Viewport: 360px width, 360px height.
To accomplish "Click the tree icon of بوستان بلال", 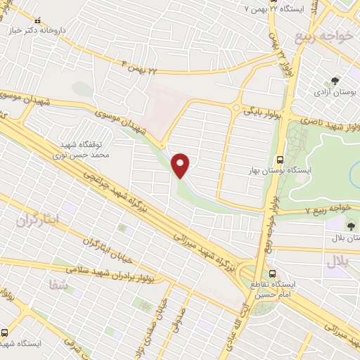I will [x=351, y=226].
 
